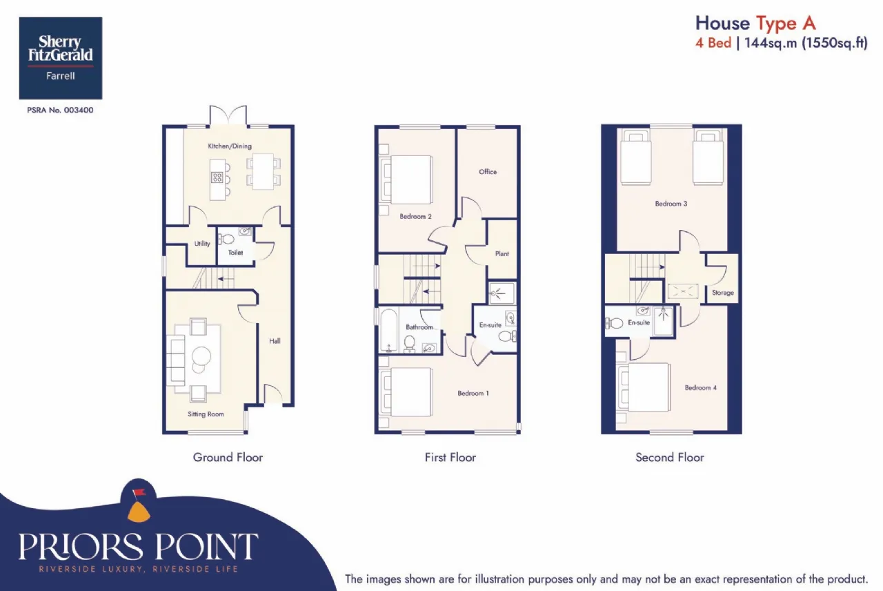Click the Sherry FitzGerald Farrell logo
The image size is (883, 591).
(x=61, y=58)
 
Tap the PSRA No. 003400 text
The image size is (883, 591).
(x=60, y=110)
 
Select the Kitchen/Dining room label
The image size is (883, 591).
(x=230, y=146)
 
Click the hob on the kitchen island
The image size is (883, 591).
(x=217, y=177)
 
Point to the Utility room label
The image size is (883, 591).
(x=202, y=244)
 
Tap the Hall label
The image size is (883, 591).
(x=275, y=341)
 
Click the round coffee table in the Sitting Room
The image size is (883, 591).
(x=201, y=356)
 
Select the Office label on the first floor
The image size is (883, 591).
(x=488, y=172)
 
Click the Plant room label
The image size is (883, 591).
(x=502, y=253)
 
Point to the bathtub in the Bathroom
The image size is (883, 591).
(x=388, y=331)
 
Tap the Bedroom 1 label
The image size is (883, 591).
(x=473, y=393)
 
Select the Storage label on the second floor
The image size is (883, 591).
(x=722, y=293)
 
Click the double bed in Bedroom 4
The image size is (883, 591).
(x=644, y=388)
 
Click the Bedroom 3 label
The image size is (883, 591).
(x=671, y=204)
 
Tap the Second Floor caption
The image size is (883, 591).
(x=669, y=457)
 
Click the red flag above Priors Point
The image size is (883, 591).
(x=139, y=492)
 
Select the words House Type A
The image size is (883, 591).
(x=755, y=23)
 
